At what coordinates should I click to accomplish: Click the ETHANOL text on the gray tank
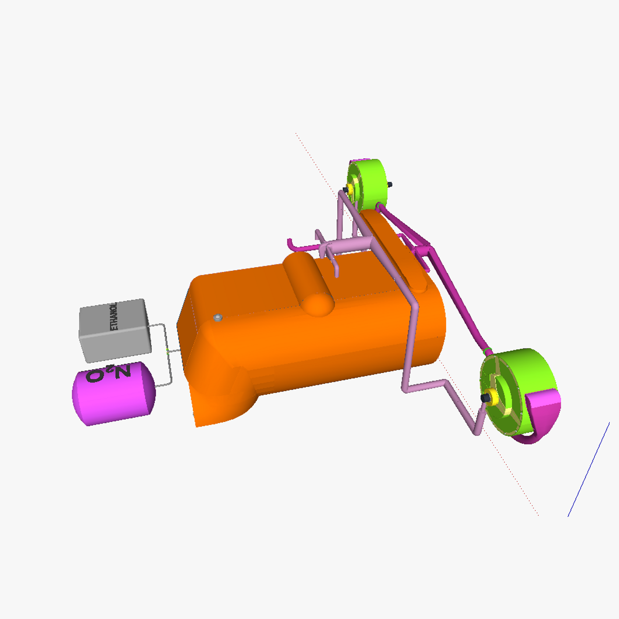pyautogui.click(x=114, y=316)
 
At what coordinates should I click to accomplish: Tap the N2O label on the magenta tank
pyautogui.click(x=109, y=374)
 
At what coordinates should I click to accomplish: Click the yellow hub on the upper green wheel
pyautogui.click(x=353, y=189)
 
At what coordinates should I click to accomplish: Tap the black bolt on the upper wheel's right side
pyautogui.click(x=390, y=185)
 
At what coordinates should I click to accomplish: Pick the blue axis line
pyautogui.click(x=588, y=469)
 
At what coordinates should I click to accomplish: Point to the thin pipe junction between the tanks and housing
pyautogui.click(x=168, y=351)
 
